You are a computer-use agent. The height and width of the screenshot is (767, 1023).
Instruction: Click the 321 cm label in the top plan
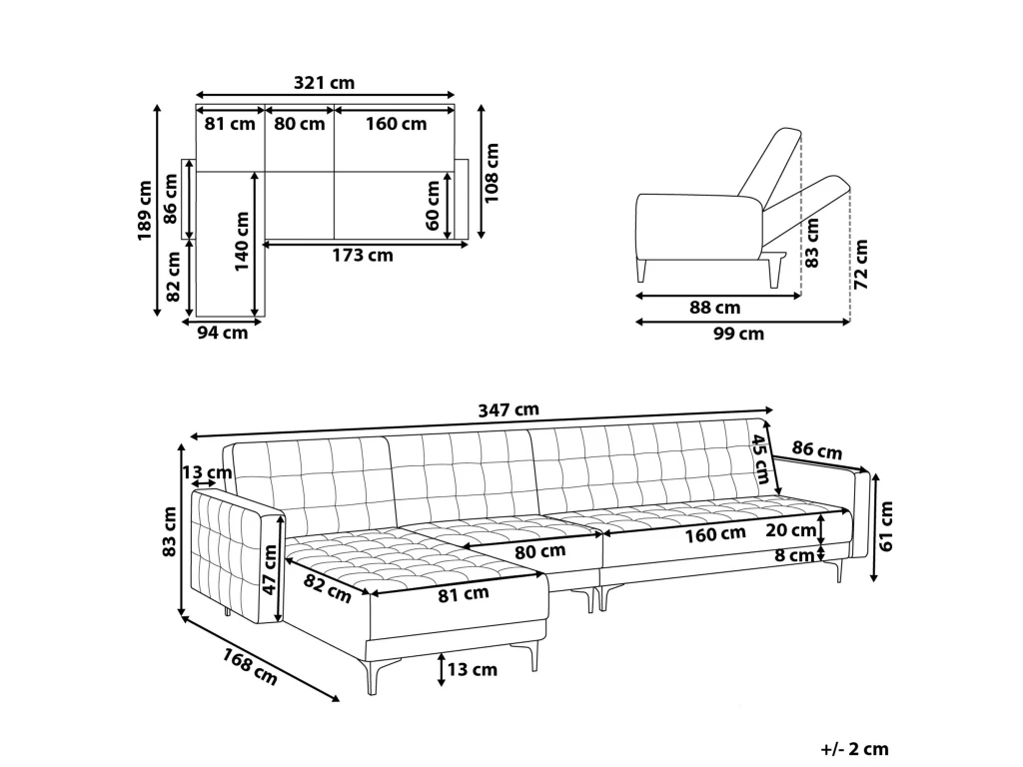click(325, 83)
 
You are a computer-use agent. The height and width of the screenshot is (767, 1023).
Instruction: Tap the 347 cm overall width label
click(509, 409)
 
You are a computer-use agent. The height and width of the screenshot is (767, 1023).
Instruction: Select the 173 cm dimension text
click(363, 256)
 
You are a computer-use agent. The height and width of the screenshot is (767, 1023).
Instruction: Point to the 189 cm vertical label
click(146, 211)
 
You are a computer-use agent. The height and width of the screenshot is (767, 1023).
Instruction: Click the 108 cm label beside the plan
click(492, 173)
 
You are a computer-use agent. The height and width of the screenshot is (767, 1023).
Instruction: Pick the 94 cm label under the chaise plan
click(222, 334)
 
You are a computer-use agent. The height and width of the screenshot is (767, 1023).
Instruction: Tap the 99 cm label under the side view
click(738, 334)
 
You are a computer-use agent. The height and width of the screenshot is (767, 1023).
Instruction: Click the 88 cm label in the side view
click(715, 308)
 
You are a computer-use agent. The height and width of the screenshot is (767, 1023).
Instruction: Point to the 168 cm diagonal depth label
click(250, 666)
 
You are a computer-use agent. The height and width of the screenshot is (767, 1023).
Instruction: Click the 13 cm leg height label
click(472, 670)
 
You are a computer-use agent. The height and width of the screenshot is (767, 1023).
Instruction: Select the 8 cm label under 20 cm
click(794, 556)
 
